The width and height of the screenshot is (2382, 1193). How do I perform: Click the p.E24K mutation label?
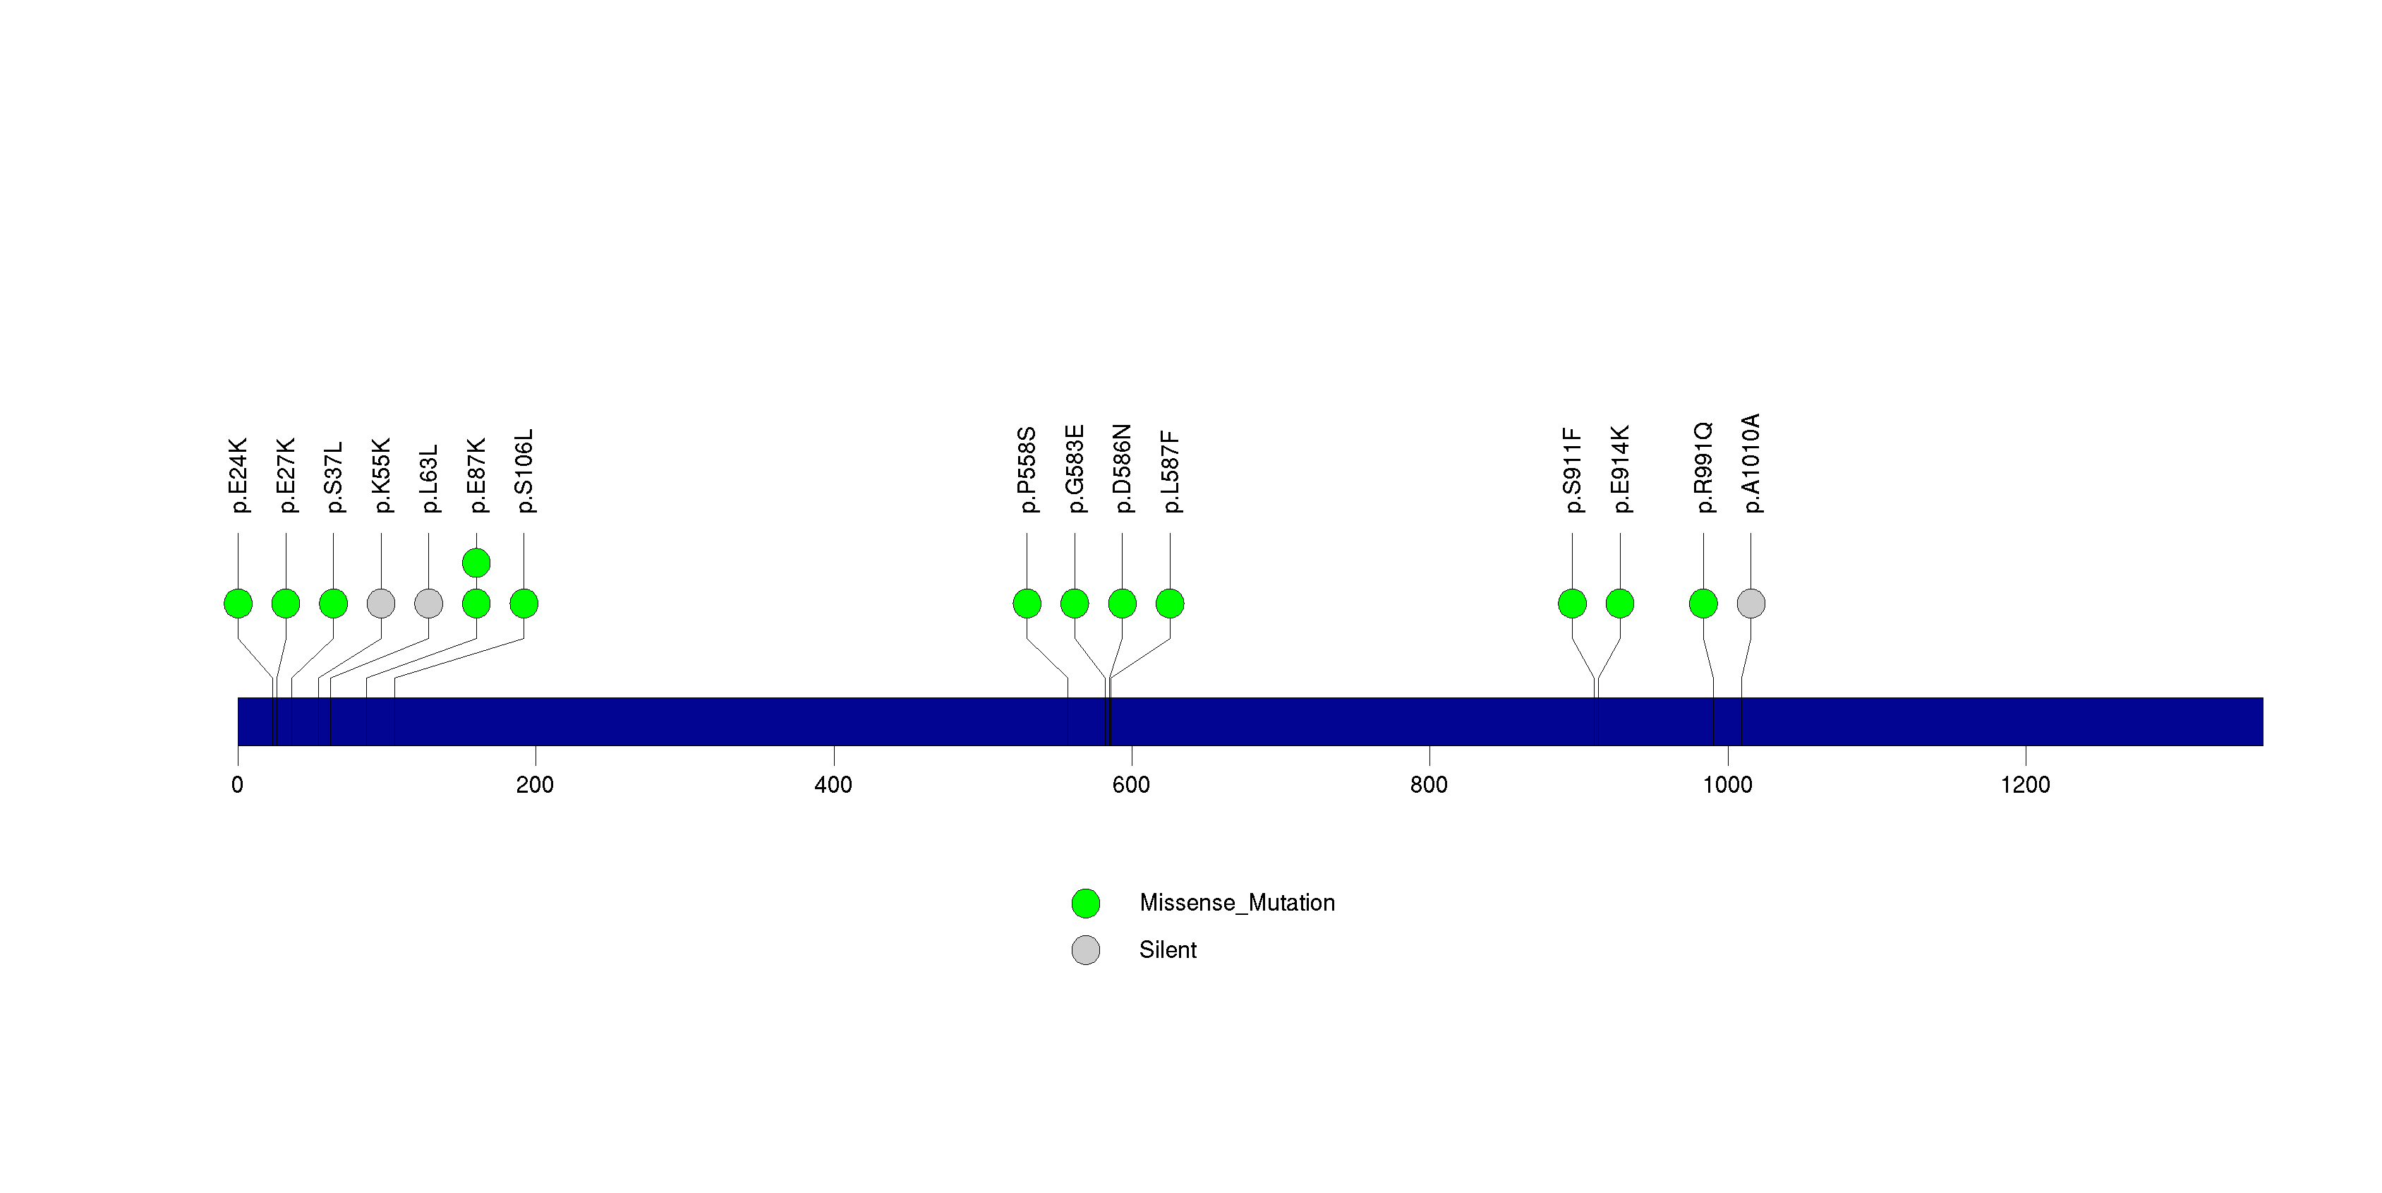click(238, 475)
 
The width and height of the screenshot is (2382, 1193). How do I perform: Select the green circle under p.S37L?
click(334, 604)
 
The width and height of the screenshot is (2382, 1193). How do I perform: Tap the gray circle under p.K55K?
click(381, 604)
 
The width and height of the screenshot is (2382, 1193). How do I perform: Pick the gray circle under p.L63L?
click(429, 604)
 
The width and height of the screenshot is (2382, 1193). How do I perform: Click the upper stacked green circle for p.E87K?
click(476, 563)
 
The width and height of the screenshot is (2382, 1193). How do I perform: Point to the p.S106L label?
click(524, 471)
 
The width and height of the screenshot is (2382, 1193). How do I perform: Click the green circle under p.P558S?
click(1027, 604)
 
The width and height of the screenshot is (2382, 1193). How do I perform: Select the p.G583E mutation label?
click(1075, 469)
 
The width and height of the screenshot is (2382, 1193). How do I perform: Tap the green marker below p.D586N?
click(1123, 604)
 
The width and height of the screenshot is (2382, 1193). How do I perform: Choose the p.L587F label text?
click(1171, 472)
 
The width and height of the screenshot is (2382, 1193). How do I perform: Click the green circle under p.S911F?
click(1572, 604)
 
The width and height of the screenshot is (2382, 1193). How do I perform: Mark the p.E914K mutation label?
click(1620, 469)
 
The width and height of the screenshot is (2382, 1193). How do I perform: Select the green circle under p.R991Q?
click(1703, 604)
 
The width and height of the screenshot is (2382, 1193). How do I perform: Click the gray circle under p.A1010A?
click(1751, 604)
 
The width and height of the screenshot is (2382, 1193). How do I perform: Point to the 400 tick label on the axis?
click(833, 785)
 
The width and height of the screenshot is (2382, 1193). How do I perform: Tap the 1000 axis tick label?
click(1727, 785)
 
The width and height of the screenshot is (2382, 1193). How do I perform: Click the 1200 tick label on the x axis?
click(2025, 785)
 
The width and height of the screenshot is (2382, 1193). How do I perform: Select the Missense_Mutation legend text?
click(1238, 903)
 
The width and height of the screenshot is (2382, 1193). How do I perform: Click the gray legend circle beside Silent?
click(1086, 949)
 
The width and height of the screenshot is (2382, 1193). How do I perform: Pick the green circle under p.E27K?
click(286, 604)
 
